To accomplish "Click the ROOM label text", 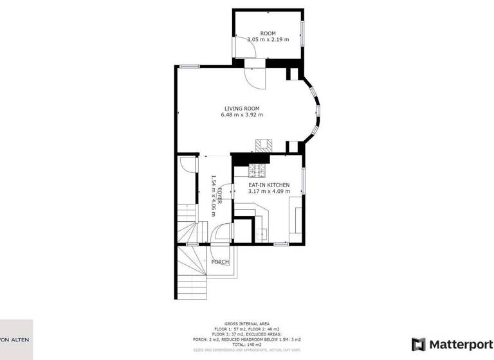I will (268, 33).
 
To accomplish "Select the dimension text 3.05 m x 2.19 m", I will (268, 40).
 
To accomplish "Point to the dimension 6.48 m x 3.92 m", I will (241, 115).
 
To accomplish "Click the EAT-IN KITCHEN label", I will (269, 184).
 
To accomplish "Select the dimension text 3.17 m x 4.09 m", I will (269, 191).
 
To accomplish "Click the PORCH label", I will (220, 262).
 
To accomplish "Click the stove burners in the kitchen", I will (257, 171).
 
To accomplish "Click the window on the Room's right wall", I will (302, 32).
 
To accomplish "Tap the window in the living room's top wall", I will (188, 66).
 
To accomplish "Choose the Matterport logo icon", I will (418, 344).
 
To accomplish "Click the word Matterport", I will (457, 344).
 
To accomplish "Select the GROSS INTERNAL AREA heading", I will (247, 323).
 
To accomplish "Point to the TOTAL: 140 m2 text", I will (247, 344).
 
